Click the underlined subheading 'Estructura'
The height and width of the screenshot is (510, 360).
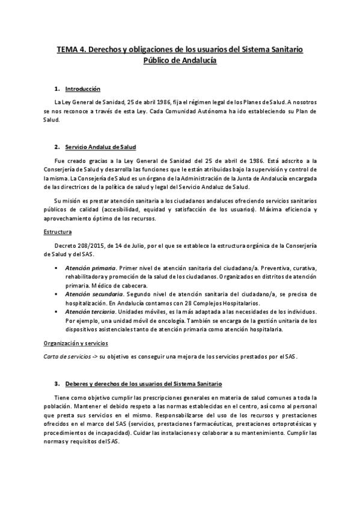pyautogui.click(x=58, y=231)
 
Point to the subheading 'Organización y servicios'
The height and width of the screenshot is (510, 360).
pyautogui.click(x=76, y=343)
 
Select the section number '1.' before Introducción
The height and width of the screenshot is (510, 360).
pyautogui.click(x=57, y=89)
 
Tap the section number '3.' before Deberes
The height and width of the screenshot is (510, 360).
pyautogui.click(x=57, y=382)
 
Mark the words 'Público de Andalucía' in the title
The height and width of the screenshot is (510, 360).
pyautogui.click(x=180, y=61)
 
